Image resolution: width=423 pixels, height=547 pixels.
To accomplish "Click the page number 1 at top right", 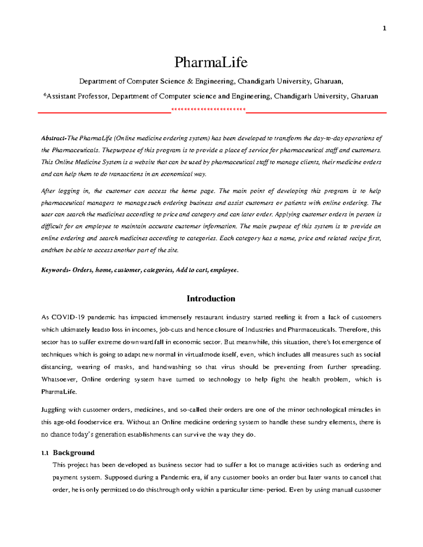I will [384, 28].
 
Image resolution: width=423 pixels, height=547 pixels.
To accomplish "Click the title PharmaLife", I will [211, 62].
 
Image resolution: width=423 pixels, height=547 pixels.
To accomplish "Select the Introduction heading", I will [211, 299].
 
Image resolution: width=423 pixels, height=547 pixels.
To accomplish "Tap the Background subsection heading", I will [74, 453].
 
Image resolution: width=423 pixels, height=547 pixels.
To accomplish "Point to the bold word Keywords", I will [55, 270].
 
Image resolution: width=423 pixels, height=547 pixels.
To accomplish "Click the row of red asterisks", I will [208, 110].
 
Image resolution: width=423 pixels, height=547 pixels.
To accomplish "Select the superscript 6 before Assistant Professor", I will [44, 95].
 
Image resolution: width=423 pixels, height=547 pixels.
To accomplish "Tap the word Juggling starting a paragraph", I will [54, 410].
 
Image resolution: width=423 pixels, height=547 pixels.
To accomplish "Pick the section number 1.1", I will [45, 453].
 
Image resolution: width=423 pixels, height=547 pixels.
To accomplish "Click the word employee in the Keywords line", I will [224, 270].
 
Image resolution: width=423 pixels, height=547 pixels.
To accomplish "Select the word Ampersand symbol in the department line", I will [190, 81].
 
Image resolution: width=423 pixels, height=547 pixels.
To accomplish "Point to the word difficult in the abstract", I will [52, 226].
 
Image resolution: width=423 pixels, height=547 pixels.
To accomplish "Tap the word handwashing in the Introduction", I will [172, 367].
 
